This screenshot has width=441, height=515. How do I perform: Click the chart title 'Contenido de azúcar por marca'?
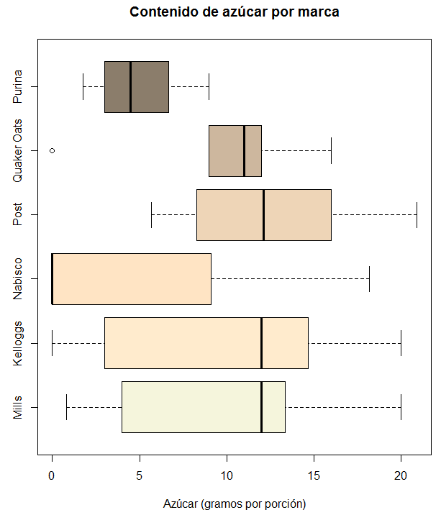(x=235, y=12)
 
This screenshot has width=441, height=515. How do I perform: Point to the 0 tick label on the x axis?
(x=52, y=475)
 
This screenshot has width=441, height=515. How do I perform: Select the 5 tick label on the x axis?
(x=139, y=475)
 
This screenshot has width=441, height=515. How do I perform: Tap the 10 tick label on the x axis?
(x=227, y=475)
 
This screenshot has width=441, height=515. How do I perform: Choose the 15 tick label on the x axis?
(x=314, y=475)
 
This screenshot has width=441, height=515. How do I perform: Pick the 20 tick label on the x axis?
(x=401, y=475)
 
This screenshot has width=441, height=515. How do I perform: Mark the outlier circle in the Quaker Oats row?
(x=52, y=151)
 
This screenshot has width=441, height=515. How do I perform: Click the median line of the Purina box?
(x=130, y=87)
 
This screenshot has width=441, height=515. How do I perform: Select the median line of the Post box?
(x=264, y=215)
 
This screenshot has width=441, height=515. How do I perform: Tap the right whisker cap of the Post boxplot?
(x=417, y=215)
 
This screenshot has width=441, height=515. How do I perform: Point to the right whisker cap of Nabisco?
(x=369, y=279)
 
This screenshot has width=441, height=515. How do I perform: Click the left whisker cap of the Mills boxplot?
(x=66, y=407)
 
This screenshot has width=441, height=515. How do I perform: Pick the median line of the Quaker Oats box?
(x=244, y=151)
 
